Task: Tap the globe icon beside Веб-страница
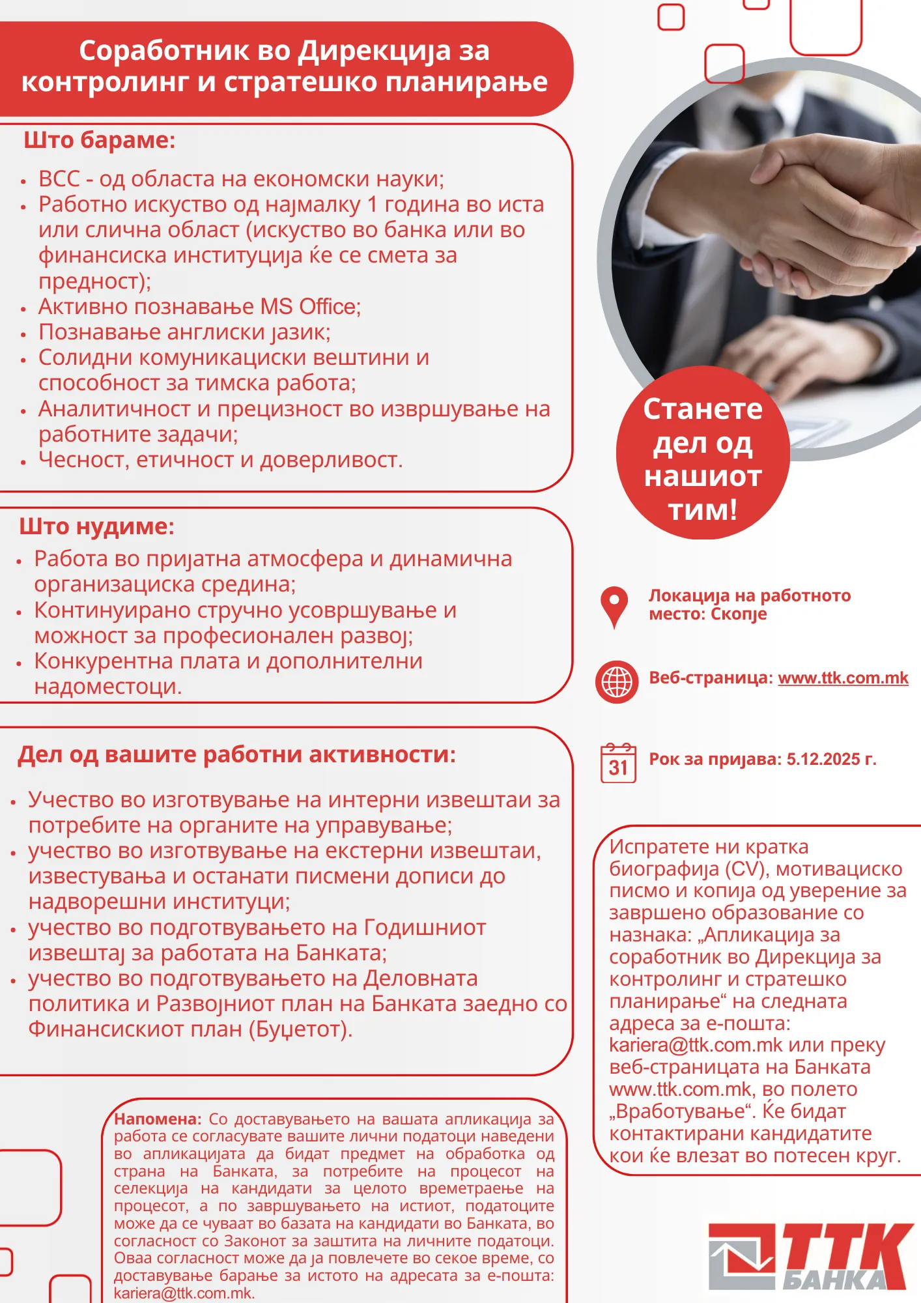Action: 616,681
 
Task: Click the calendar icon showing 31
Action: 617,763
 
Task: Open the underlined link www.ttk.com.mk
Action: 843,678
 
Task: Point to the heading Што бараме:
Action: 99,141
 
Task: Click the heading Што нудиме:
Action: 96,526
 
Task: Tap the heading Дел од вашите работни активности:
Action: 236,754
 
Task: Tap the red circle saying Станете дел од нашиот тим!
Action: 702,459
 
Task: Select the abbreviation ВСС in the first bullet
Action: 59,179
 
